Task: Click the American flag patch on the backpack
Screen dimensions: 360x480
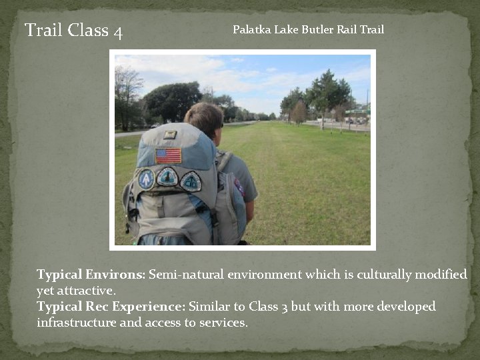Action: [x=168, y=155]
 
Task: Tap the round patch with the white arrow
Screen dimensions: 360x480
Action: [x=146, y=178]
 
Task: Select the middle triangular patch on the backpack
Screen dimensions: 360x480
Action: [x=167, y=177]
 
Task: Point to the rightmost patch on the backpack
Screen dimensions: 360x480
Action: [x=191, y=181]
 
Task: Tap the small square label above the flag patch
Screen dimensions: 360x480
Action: [x=170, y=135]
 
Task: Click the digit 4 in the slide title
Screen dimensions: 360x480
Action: [x=118, y=31]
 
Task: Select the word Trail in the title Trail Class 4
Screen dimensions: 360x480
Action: [x=44, y=30]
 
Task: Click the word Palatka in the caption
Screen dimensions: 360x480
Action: [x=249, y=29]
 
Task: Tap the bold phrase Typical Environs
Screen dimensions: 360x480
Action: [x=90, y=275]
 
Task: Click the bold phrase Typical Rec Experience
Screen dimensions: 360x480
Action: [x=111, y=307]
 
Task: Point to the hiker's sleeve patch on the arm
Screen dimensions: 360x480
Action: [x=239, y=187]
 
